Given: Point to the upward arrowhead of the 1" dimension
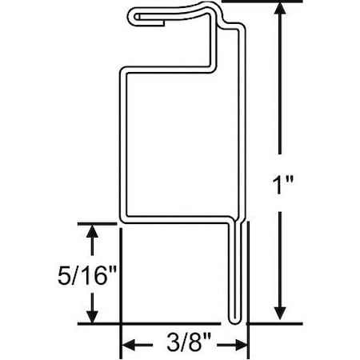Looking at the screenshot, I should [280, 10].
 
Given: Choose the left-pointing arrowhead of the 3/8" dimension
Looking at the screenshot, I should [129, 345].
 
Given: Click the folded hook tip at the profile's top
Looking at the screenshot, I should [133, 15].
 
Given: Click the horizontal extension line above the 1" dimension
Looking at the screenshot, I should [264, 2].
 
